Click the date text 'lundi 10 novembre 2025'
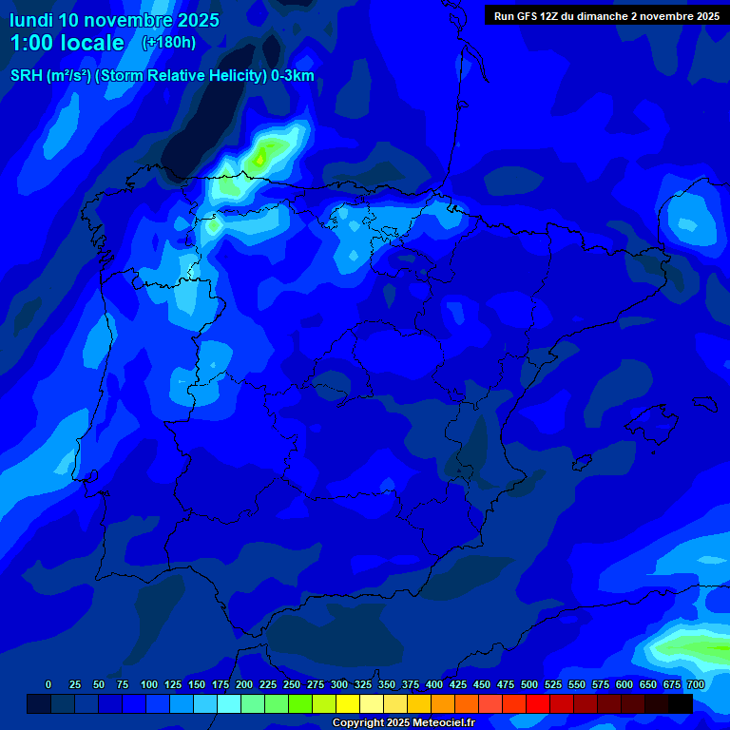[114, 20]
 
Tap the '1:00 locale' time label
[67, 43]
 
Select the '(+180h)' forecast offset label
[168, 43]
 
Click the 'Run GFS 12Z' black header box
[605, 16]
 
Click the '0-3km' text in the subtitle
[293, 76]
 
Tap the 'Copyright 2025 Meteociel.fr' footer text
[403, 723]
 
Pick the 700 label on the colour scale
[695, 685]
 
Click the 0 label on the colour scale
[48, 685]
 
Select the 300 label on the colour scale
[339, 685]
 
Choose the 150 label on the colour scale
[197, 685]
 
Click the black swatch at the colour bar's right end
[681, 703]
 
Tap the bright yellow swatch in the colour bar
[348, 703]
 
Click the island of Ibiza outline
[583, 461]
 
